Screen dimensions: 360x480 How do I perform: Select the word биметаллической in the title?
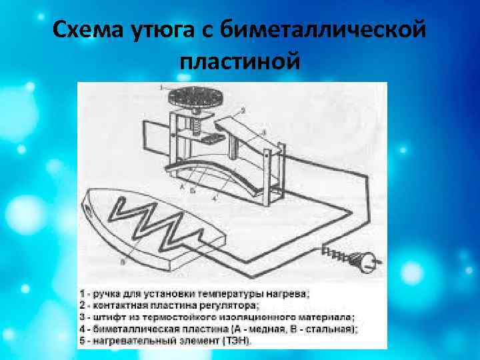tap(313, 30)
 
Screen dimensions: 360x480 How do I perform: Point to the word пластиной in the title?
tap(240, 61)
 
